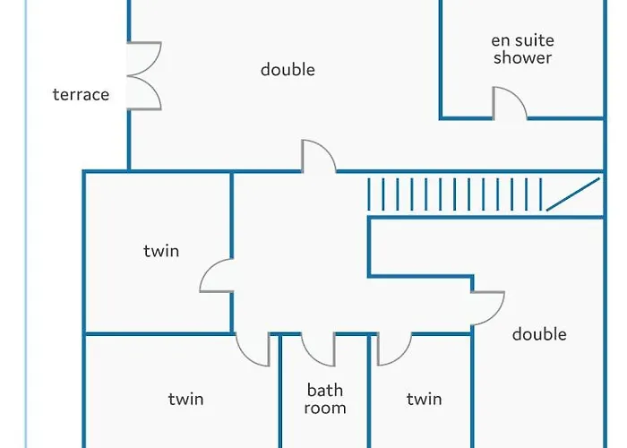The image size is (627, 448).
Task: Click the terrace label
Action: (81, 95)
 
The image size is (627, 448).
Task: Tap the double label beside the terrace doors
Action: (288, 70)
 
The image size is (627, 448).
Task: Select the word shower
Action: (522, 57)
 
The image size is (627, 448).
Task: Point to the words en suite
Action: (522, 40)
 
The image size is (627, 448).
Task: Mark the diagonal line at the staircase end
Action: (573, 194)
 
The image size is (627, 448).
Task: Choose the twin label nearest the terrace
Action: (161, 251)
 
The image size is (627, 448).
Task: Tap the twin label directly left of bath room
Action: (185, 399)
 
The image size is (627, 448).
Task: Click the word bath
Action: (324, 390)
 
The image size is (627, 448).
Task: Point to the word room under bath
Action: (324, 408)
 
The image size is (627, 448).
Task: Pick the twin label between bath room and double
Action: (424, 399)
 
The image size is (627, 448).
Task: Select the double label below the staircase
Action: (539, 334)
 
